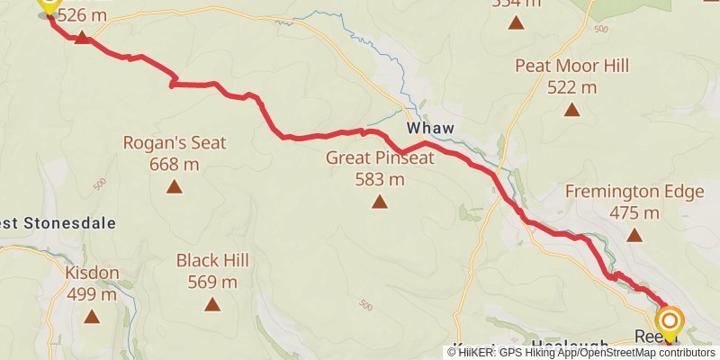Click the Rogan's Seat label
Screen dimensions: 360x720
point(174,142)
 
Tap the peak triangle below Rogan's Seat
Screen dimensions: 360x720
point(174,187)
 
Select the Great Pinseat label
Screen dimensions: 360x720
point(380,158)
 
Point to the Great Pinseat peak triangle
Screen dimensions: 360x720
point(380,202)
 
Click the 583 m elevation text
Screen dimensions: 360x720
point(380,179)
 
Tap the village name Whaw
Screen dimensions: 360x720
point(430,129)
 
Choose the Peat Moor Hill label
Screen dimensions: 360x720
point(571,66)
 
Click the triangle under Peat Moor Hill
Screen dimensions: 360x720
point(571,110)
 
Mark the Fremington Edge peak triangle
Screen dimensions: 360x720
point(634,236)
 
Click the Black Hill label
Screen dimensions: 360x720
point(212,260)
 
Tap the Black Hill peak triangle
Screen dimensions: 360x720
point(212,304)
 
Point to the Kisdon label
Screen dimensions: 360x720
point(92,273)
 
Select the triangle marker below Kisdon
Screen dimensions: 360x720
point(92,317)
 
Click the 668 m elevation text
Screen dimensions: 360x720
point(174,164)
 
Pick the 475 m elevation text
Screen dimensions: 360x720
point(634,213)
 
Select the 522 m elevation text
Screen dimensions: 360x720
point(571,87)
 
